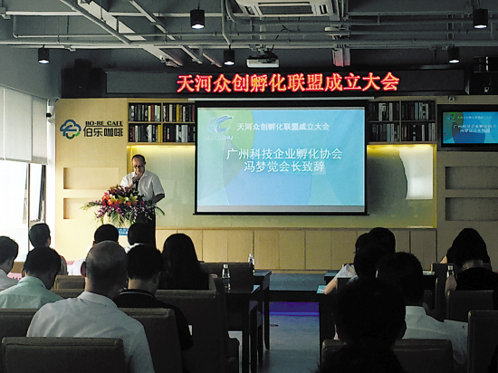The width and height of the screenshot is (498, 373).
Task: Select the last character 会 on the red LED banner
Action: (389, 81)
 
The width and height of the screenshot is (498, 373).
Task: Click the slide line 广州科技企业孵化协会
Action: (283, 154)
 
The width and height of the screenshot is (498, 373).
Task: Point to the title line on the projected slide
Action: (283, 126)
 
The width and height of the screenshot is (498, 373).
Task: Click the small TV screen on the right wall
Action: (468, 128)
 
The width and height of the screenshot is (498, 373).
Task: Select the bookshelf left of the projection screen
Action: (161, 122)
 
